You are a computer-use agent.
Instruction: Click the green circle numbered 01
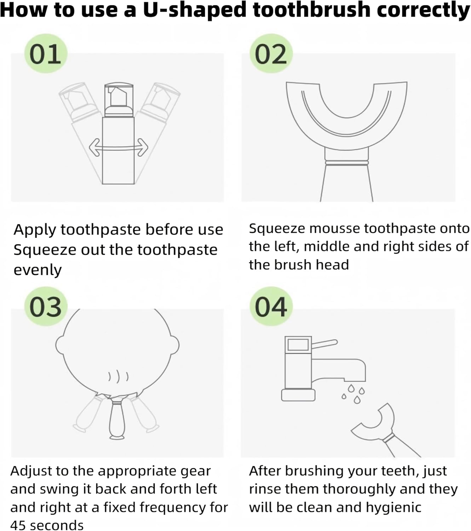(x=46, y=53)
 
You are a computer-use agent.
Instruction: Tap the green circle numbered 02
(x=271, y=53)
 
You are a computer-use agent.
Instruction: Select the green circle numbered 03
(x=46, y=306)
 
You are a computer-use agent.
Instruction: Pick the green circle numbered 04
(x=271, y=306)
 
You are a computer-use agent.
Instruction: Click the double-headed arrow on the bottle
(x=119, y=148)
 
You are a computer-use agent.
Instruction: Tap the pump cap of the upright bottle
(x=119, y=101)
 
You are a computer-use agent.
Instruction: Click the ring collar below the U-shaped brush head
(x=347, y=163)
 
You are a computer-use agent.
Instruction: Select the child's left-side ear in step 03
(x=60, y=345)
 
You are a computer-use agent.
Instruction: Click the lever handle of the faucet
(x=324, y=344)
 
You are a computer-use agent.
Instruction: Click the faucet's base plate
(x=298, y=395)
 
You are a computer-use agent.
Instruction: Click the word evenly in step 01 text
(x=38, y=270)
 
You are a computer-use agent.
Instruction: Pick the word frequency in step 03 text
(x=173, y=508)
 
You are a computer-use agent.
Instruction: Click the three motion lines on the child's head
(x=119, y=377)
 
